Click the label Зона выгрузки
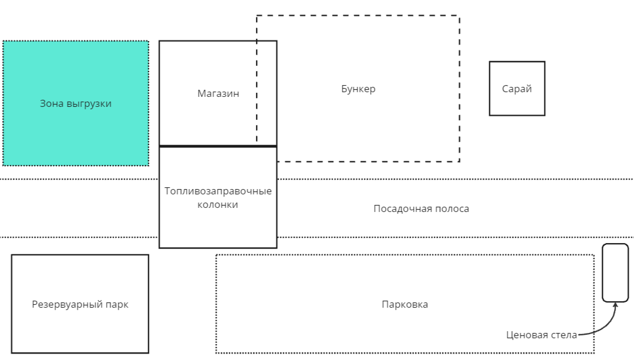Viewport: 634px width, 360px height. [75, 104]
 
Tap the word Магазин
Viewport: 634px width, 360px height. [218, 93]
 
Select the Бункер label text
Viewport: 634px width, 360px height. [358, 89]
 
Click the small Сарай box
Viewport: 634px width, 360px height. [517, 89]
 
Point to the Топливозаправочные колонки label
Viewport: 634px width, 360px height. [218, 198]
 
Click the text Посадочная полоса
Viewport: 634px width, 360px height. [421, 208]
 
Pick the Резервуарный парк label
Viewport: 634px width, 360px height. [80, 304]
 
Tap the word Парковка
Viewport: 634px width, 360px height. [404, 304]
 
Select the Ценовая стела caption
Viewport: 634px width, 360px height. [541, 335]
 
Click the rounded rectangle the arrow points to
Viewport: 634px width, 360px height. [615, 272]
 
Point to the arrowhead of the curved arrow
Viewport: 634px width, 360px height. [615, 305]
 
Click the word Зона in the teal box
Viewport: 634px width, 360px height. [50, 104]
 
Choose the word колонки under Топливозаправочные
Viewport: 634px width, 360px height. [218, 205]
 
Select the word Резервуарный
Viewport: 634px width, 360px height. [68, 304]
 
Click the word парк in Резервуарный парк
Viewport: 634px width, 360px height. [117, 304]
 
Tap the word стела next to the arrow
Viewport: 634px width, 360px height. [564, 335]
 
